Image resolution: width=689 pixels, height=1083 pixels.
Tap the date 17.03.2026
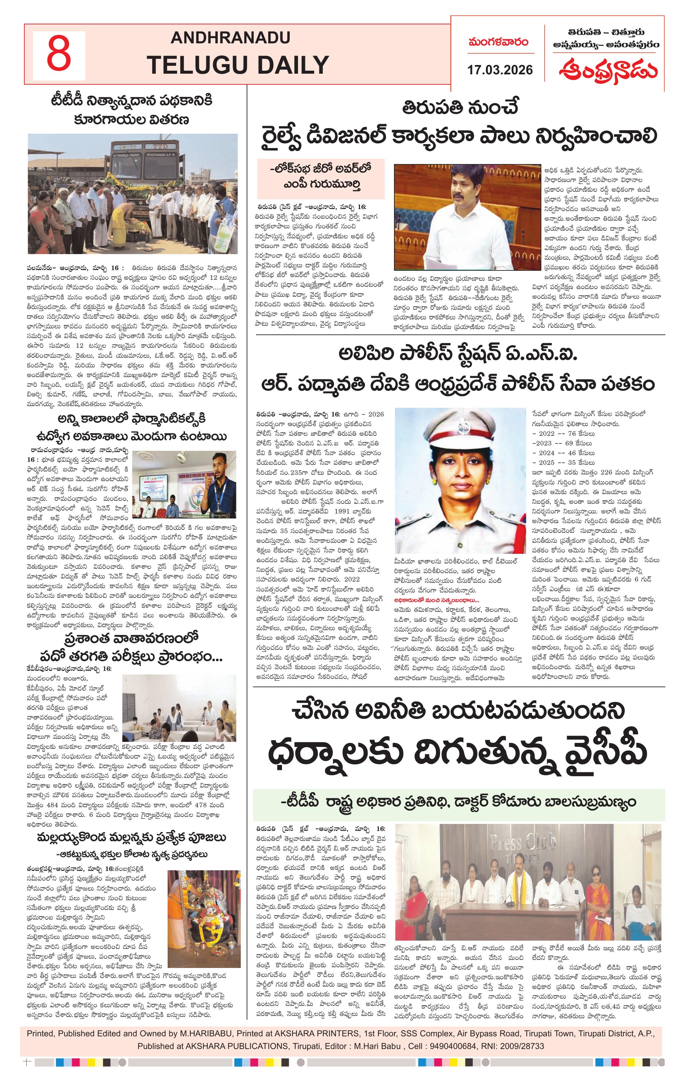click(x=500, y=70)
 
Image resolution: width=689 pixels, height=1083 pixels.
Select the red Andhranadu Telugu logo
click(x=608, y=70)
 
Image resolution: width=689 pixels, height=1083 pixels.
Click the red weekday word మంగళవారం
click(x=498, y=43)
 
